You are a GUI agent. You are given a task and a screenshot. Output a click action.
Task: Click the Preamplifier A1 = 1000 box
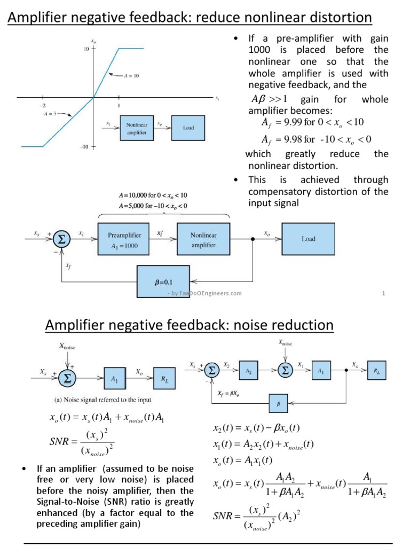[124, 239]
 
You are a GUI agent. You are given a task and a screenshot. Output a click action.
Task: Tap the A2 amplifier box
[249, 371]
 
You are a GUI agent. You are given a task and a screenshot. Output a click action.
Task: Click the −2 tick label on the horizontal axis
[42, 105]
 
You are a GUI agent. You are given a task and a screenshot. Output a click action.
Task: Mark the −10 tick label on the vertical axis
[84, 147]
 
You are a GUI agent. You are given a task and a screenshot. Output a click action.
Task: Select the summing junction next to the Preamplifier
[62, 239]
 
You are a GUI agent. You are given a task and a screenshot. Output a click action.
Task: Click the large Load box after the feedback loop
[308, 239]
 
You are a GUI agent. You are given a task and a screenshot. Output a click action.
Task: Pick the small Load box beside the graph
[188, 128]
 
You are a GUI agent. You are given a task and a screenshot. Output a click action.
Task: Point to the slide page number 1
[384, 293]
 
